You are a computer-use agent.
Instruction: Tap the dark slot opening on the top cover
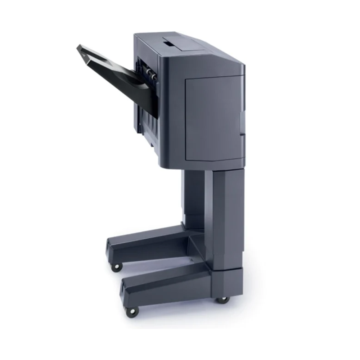[x=168, y=43]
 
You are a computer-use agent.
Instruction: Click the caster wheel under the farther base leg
[x=116, y=267]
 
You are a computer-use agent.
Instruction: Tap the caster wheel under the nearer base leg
[x=133, y=311]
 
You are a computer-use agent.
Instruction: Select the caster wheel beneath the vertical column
[x=222, y=299]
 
